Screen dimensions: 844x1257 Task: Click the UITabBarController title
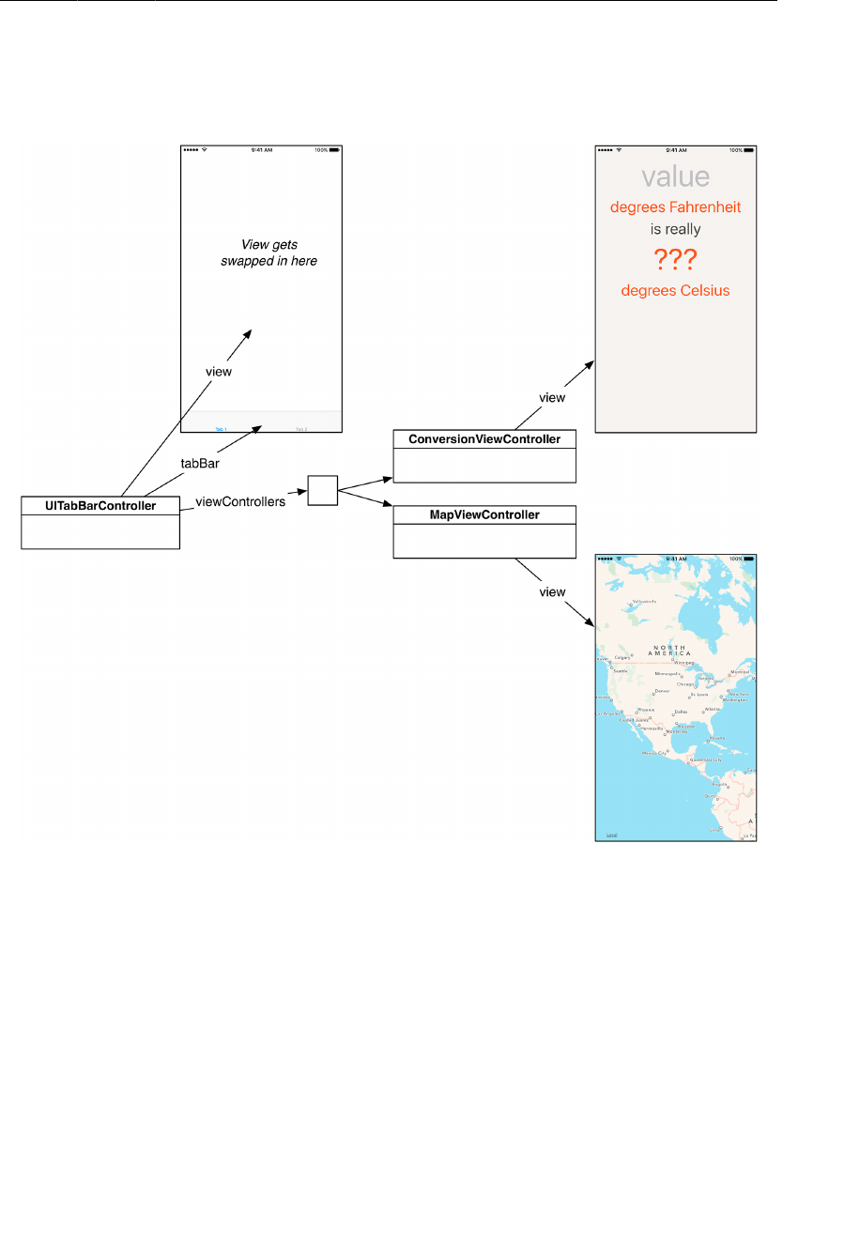100,506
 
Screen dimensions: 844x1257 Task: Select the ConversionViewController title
484,439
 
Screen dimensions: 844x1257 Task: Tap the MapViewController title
484,515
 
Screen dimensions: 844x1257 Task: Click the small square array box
322,490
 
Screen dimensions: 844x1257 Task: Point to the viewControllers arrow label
240,502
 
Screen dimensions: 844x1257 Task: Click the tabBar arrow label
200,464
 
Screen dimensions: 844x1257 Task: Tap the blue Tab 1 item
221,429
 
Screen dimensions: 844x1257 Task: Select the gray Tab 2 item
301,429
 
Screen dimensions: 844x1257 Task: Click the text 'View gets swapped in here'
269,253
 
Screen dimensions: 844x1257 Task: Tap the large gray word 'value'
676,176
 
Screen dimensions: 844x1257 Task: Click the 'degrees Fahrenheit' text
676,207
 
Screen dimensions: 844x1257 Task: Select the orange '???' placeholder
676,259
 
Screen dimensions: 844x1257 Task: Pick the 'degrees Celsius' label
676,291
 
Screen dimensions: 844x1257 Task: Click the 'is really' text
676,229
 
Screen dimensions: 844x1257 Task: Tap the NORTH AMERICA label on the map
669,651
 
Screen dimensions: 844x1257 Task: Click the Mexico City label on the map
654,753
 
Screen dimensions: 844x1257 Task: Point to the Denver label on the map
663,691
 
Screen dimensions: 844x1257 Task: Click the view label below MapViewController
552,592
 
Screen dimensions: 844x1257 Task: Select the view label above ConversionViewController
552,398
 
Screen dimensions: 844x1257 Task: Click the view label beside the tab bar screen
219,372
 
